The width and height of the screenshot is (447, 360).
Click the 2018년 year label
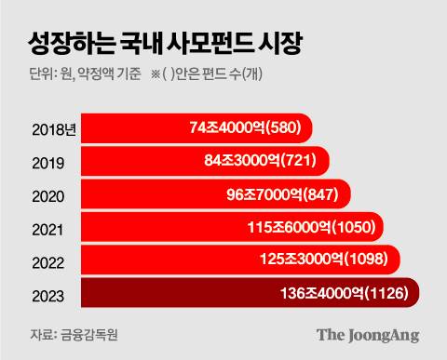coord(43,128)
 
